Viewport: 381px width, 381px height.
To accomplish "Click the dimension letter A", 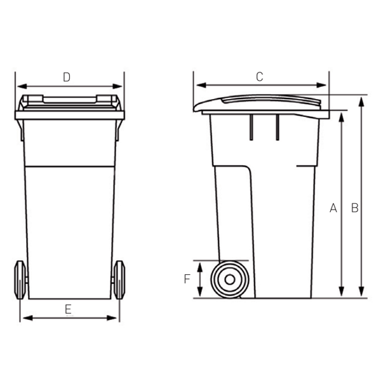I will click(333, 208).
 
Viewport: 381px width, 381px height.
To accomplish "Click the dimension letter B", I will click(355, 208).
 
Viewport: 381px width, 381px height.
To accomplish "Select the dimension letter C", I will click(259, 77).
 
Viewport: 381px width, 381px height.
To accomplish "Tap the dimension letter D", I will click(66, 77).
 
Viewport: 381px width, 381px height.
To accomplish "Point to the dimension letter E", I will click(68, 309).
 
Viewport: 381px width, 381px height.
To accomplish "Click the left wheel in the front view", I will click(20, 279).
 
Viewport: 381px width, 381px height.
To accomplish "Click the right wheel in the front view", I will click(118, 279).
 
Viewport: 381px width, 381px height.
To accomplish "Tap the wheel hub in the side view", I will click(229, 279).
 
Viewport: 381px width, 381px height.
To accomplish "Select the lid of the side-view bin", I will click(260, 103).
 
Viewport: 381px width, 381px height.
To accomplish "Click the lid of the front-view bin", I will click(69, 102).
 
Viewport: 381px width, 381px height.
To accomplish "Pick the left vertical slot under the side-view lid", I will click(252, 127).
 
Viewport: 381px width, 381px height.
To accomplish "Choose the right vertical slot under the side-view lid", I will click(277, 127).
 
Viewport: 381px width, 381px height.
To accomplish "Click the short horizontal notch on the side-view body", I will click(305, 166).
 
